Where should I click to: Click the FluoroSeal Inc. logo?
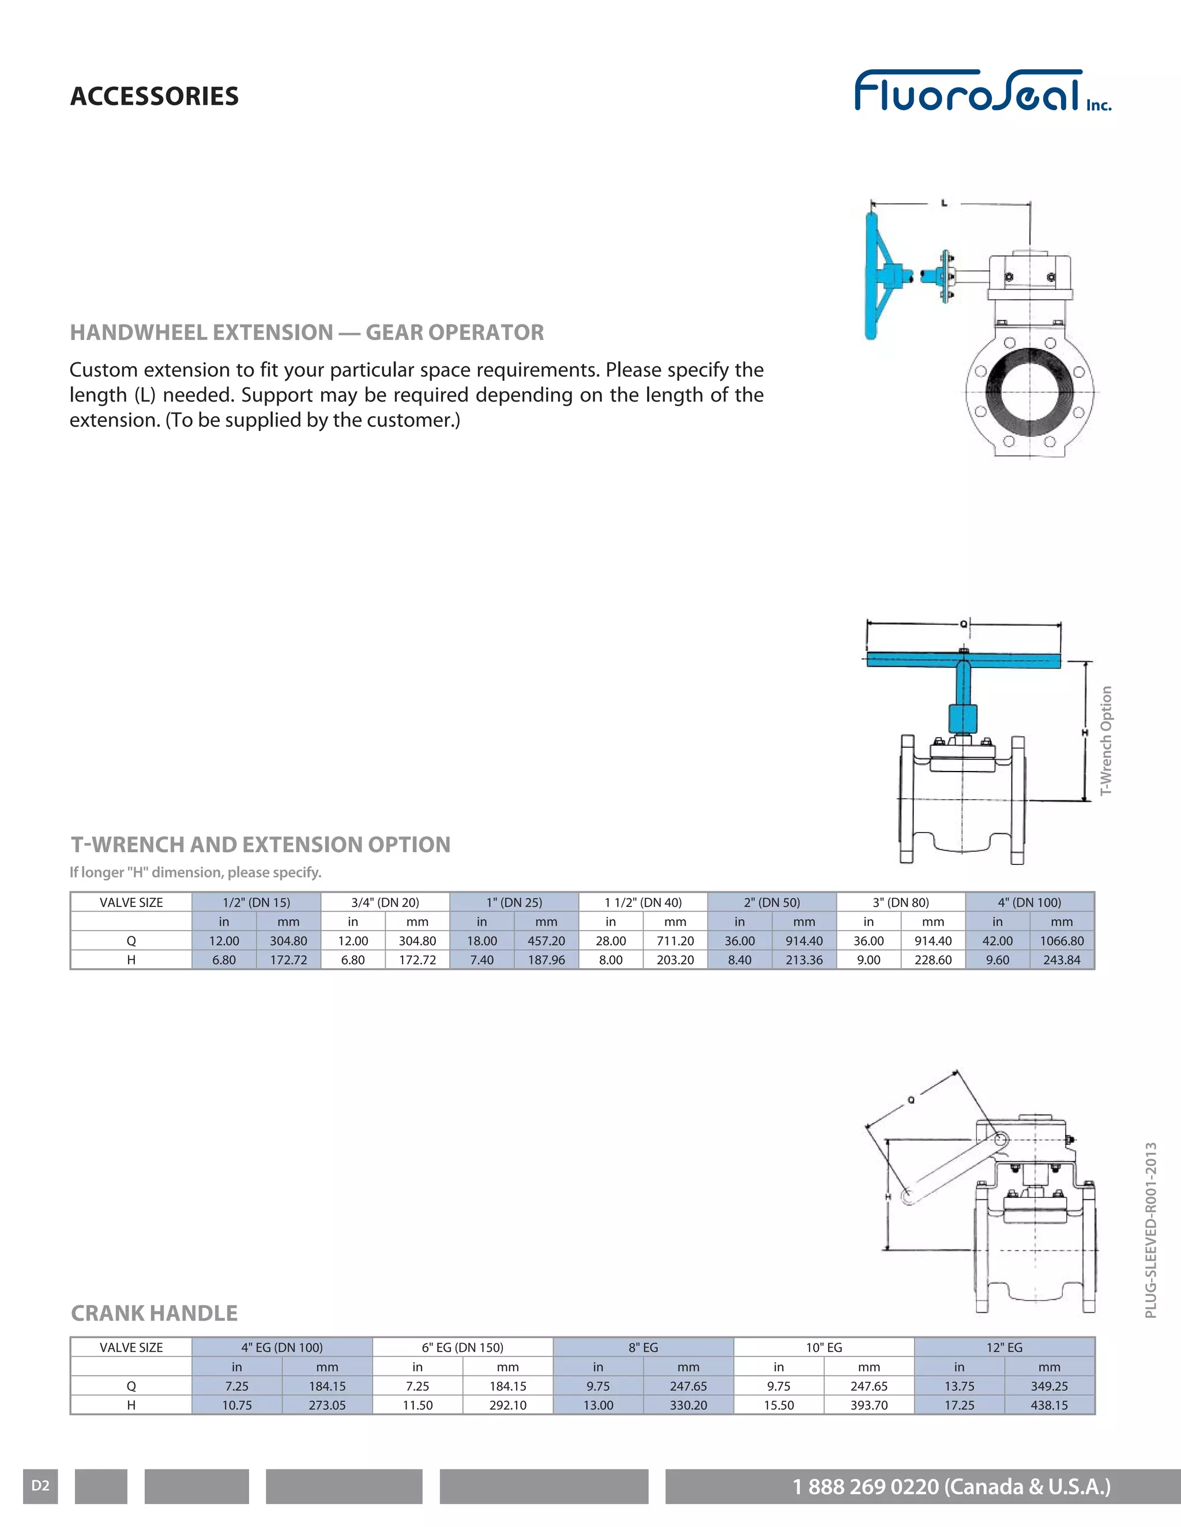981,91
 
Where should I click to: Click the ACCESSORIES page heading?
154,96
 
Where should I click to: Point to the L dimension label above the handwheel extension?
945,203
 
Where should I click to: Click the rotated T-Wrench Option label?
1105,740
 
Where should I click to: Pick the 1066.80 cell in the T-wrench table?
1062,941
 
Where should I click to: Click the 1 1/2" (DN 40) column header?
643,902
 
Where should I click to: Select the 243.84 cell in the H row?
1062,960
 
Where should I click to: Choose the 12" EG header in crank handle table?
1004,1347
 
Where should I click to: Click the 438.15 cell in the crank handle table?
1049,1405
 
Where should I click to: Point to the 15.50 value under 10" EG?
778,1405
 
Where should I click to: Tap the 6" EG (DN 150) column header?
462,1347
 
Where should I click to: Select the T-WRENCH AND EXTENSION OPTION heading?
260,845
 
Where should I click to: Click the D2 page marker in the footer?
40,1486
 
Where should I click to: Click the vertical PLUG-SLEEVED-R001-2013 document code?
1151,1231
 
